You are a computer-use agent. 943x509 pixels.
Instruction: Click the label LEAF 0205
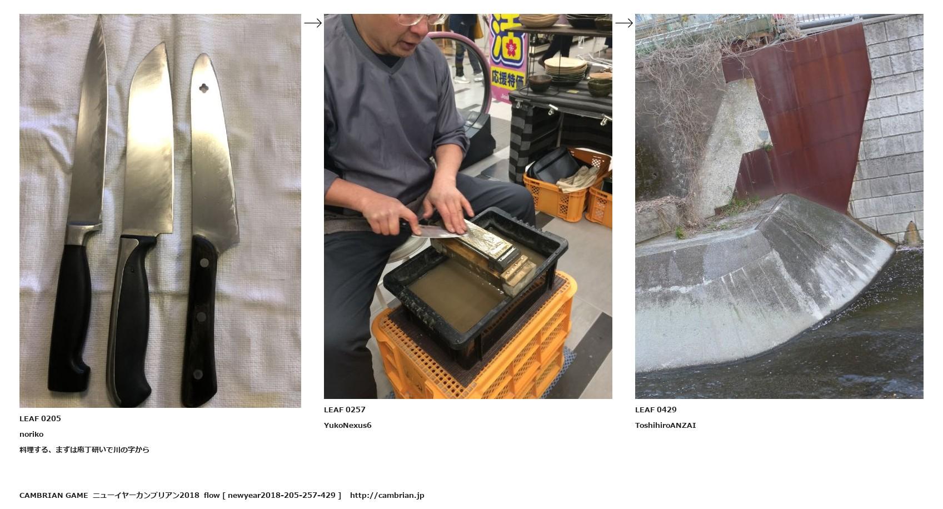[40, 418]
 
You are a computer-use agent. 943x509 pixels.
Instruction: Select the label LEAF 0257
[345, 410]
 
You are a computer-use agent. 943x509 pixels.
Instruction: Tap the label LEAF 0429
[656, 410]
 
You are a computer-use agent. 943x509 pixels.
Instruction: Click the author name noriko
[31, 434]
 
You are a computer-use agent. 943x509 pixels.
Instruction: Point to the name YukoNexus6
[347, 425]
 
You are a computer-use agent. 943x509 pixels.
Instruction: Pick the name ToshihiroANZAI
[665, 425]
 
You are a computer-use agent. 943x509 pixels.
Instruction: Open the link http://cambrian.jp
[387, 496]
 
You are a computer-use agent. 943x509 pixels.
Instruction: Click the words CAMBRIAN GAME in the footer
[53, 496]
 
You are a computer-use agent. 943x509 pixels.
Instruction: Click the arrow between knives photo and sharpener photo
[313, 23]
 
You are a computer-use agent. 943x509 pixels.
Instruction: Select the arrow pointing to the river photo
[624, 23]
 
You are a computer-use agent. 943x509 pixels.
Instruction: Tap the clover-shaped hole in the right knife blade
[204, 88]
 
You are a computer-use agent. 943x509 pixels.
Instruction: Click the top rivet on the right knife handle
[204, 263]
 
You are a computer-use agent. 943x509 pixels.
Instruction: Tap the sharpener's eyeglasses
[421, 19]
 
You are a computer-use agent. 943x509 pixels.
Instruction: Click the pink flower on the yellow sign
[511, 48]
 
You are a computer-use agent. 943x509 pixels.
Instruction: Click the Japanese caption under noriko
[84, 450]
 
